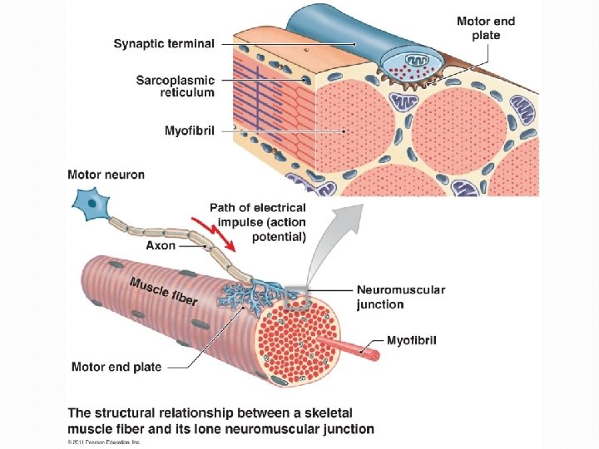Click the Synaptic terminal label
(164, 43)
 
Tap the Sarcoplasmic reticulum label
(175, 86)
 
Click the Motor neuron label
(106, 175)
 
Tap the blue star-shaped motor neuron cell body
(87, 202)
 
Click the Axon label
(160, 245)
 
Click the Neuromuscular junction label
(400, 297)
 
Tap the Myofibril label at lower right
(412, 340)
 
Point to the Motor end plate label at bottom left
(116, 367)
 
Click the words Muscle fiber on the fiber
(163, 290)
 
